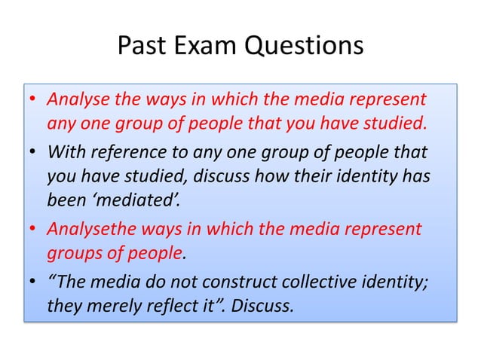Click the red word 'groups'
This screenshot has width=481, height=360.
[x=71, y=254]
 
